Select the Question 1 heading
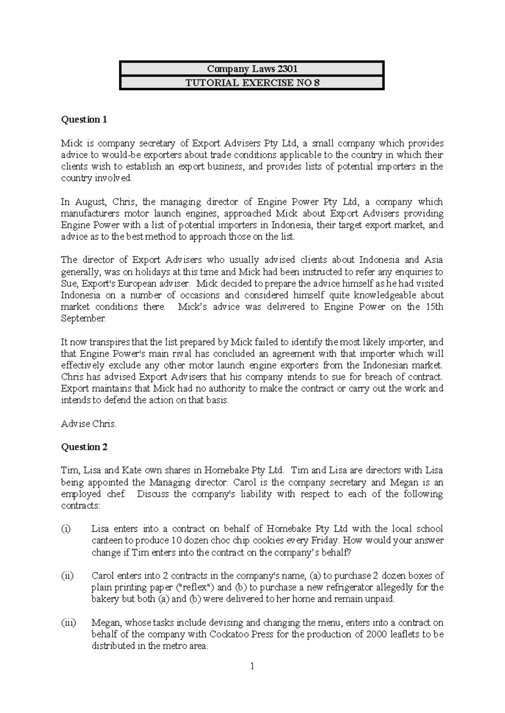[x=84, y=119]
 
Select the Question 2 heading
[x=85, y=447]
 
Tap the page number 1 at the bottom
[x=252, y=666]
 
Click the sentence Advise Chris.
[x=88, y=424]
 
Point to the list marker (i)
[x=66, y=529]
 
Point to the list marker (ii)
[x=68, y=576]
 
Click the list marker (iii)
[x=69, y=623]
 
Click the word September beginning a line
[x=83, y=319]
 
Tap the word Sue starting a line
[x=69, y=284]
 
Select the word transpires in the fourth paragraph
[x=111, y=342]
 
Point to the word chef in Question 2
[x=116, y=494]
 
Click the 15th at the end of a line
[x=433, y=307]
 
